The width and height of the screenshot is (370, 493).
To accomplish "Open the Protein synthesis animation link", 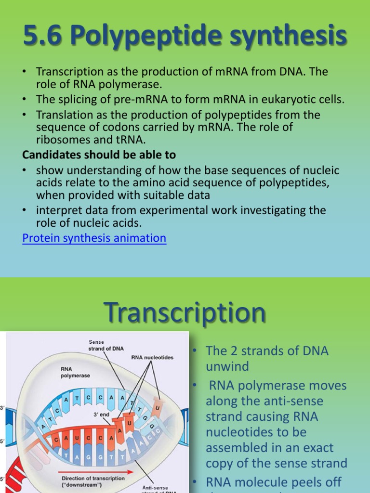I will click(x=94, y=238).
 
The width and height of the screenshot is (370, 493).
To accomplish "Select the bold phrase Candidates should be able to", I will click(x=99, y=155).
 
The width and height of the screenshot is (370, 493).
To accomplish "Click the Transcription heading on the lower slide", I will click(x=185, y=313).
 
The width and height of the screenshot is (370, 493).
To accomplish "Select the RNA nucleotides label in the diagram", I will click(x=152, y=358).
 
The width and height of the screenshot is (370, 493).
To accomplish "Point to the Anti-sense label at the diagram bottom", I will click(x=156, y=487).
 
